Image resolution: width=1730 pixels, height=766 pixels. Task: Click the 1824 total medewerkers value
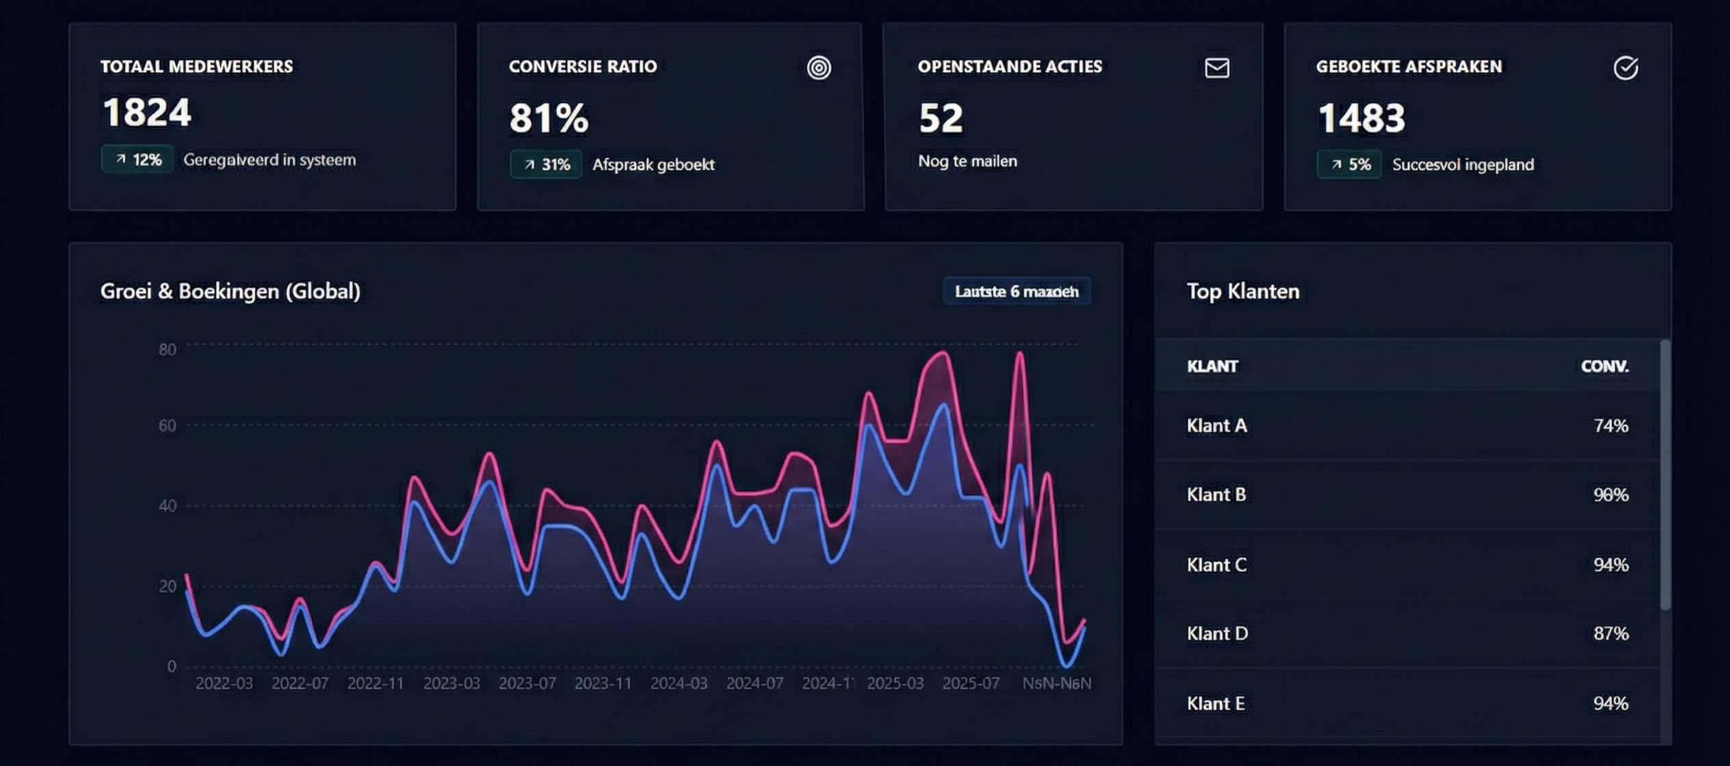pos(146,113)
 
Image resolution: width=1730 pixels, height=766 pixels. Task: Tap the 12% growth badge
pos(138,159)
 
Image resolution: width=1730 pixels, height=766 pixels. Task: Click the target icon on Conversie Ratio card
pos(818,68)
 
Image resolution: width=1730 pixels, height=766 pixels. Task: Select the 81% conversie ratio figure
pos(548,118)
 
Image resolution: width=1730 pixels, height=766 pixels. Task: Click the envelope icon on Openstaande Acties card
pos(1217,68)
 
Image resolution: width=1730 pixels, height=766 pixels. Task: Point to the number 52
pos(941,118)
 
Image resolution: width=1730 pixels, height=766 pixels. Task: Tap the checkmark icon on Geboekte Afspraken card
pos(1625,68)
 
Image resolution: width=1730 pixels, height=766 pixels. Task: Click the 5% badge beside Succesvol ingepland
pos(1350,164)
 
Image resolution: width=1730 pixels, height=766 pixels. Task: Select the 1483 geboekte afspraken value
pos(1361,118)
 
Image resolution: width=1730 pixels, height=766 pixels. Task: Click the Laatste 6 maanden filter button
pos(1016,292)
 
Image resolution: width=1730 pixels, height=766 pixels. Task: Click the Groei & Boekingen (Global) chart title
pos(230,292)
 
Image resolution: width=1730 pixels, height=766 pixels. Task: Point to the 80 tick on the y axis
pos(168,350)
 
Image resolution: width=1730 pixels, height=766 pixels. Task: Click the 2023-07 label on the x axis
pos(527,683)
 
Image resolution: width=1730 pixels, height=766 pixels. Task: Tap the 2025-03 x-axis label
pos(895,683)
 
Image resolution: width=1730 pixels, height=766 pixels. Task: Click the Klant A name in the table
pos(1217,426)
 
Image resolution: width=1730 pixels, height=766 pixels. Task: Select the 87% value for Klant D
pos(1610,633)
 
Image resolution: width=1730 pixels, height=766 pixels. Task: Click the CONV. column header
pos(1604,366)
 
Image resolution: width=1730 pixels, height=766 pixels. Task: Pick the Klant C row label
pos(1217,565)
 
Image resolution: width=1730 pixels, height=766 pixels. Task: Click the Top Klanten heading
pos(1243,292)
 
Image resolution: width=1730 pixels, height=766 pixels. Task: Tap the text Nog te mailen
pos(967,162)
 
